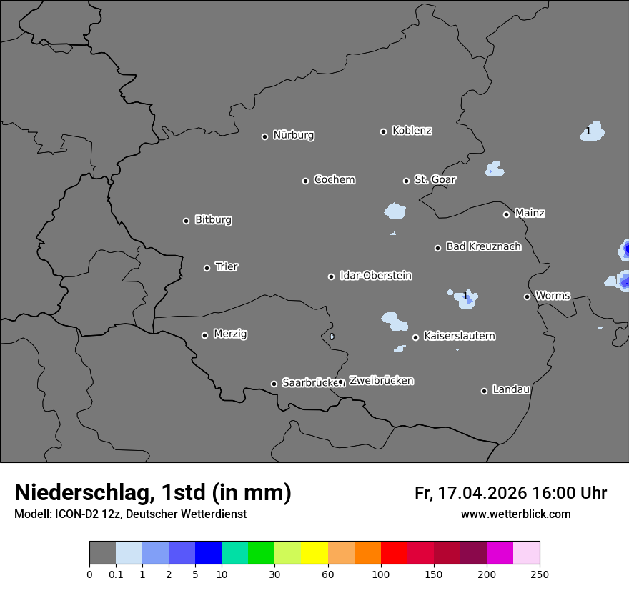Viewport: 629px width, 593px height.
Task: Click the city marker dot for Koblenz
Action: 383,131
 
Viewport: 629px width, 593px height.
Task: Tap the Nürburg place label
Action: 293,135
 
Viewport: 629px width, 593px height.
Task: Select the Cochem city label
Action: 334,179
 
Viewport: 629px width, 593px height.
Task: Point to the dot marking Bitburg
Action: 186,221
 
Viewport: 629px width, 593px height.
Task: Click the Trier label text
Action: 227,266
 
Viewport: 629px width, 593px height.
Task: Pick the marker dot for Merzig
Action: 204,335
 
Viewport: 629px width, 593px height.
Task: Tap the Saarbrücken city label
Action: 309,382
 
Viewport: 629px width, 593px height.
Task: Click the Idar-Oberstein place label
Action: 375,275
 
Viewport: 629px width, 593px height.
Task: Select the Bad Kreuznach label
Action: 483,246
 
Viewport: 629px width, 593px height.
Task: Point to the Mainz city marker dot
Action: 506,214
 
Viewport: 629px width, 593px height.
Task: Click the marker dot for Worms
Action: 527,296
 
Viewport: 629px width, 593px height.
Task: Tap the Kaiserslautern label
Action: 459,336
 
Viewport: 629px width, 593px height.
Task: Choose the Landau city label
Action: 511,389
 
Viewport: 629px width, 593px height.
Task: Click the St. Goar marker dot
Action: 406,181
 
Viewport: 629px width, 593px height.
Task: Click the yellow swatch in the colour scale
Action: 314,553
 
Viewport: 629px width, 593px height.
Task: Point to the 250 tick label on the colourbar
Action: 540,574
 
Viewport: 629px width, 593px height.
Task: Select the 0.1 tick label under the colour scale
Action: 116,574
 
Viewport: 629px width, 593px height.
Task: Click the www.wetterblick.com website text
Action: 515,514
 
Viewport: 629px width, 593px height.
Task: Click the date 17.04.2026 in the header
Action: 482,493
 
